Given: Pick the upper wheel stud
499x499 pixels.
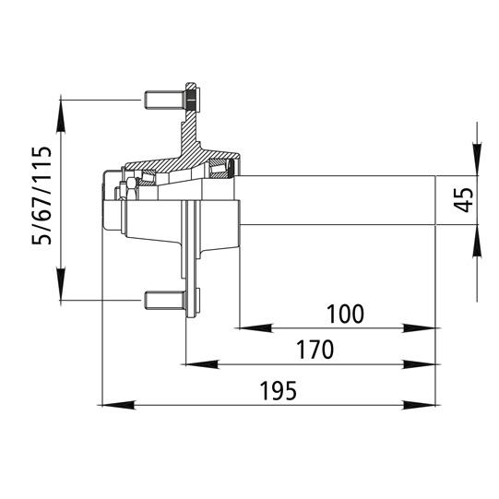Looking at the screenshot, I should [x=163, y=98].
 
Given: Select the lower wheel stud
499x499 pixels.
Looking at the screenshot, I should [x=163, y=299].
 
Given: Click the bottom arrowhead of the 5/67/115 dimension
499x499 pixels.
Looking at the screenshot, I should [x=62, y=287].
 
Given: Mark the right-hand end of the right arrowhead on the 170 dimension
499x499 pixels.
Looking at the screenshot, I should [x=435, y=364].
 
